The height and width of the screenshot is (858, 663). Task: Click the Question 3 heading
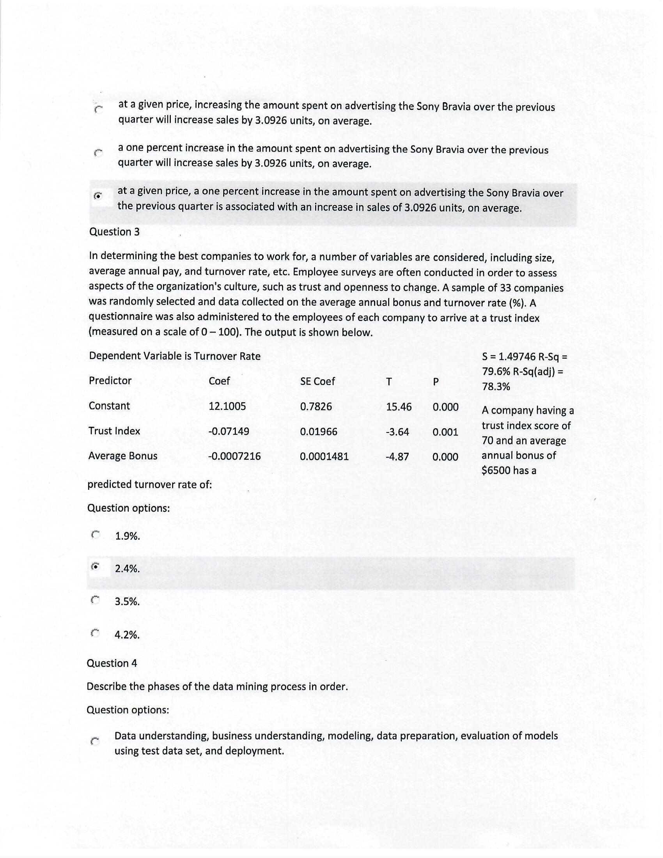[x=114, y=232]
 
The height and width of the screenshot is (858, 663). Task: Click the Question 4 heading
[x=112, y=663]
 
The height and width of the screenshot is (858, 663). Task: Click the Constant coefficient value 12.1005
[x=227, y=406]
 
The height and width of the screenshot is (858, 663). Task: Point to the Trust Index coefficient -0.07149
[x=228, y=431]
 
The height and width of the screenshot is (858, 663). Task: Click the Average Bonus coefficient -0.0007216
[x=234, y=456]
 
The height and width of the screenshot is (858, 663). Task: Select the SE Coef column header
[x=317, y=381]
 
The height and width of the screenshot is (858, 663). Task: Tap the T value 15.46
[x=399, y=407]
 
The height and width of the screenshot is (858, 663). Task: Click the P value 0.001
[x=445, y=432]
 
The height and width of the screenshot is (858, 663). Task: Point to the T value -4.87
[x=397, y=457]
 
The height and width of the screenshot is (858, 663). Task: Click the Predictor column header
[x=110, y=380]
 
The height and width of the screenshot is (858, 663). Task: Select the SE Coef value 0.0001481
[x=324, y=457]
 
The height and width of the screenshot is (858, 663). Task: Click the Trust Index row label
[x=114, y=431]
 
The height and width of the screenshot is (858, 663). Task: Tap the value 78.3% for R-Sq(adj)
[x=496, y=386]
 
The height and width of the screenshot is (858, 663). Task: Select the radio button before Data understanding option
[x=94, y=742]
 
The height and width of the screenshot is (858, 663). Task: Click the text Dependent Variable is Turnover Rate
[x=174, y=356]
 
